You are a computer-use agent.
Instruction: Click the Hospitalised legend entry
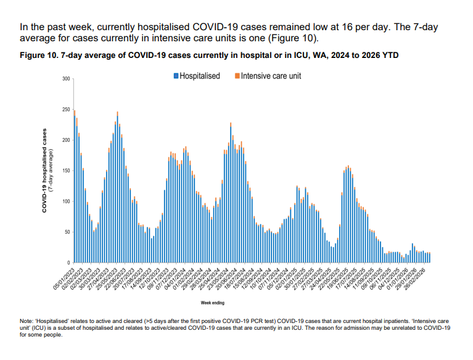click(199, 76)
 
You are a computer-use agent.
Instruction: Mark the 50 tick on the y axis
click(67, 232)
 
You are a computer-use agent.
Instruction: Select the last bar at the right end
click(429, 258)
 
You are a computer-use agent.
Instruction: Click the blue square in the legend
click(176, 76)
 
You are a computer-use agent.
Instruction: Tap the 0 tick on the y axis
click(68, 263)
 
